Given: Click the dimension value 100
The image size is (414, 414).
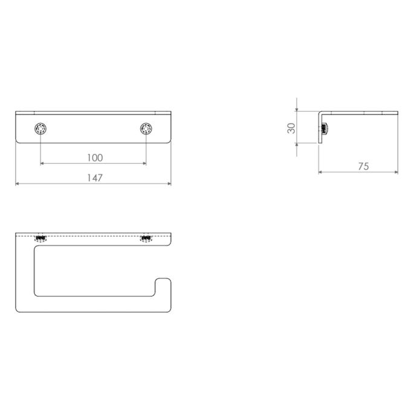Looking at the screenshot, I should coord(94,158).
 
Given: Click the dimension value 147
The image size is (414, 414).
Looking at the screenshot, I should coord(94,178).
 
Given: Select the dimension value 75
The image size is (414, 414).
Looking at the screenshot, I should coord(363,166).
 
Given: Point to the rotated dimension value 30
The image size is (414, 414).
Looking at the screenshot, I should coord(291,128).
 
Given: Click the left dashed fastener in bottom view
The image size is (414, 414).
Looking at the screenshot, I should coord(40,239).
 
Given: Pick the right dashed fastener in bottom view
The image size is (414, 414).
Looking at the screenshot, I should coord(146,239).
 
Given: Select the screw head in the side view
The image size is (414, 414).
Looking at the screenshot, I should coord(325,128).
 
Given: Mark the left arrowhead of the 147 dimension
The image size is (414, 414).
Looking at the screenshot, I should coord(17,184).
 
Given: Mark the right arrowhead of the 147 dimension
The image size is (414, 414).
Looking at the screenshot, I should coord(169,184).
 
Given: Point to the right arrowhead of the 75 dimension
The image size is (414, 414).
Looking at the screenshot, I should coord(396,172).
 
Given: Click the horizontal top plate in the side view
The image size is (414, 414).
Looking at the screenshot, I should coord(360,112).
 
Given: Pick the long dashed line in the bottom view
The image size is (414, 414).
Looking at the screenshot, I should coord(94,234).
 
